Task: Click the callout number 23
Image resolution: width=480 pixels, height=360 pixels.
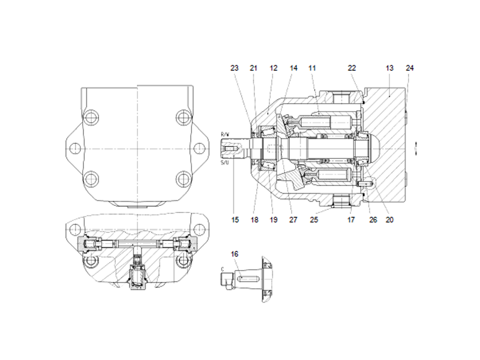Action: coord(235,68)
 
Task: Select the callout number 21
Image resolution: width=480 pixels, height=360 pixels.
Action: coord(254,68)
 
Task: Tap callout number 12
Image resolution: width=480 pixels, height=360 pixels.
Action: coord(274,68)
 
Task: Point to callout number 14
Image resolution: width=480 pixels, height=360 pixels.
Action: coord(293,68)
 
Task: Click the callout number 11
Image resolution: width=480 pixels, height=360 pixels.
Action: coord(312,68)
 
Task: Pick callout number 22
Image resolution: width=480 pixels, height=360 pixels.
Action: coord(352,68)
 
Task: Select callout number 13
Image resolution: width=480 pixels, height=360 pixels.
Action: coord(389,68)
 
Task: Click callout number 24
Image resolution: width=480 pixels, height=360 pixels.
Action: coord(410,68)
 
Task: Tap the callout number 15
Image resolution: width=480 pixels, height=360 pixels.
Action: coord(235,220)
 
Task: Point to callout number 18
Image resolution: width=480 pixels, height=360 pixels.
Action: coord(254,220)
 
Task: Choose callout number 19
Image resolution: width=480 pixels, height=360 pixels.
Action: coord(274,220)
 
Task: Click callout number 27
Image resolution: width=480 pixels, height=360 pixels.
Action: coord(293,220)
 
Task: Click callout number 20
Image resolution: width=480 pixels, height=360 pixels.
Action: coord(389,220)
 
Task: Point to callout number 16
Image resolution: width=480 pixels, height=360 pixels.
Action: coord(235,254)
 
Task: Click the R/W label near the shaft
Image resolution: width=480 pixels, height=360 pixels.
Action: coord(224,133)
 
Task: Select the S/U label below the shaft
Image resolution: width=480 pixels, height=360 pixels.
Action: coord(224,163)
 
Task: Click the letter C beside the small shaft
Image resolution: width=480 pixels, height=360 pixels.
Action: coord(223,269)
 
